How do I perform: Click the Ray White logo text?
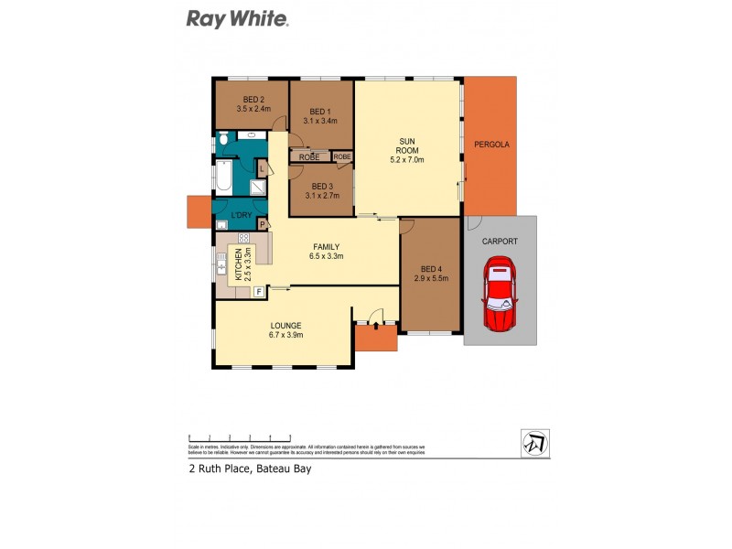point(238,18)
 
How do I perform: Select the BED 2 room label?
point(253,100)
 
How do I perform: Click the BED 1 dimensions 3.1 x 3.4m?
point(320,120)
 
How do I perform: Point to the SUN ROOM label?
point(407,146)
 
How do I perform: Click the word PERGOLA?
point(491,145)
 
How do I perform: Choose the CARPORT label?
point(500,242)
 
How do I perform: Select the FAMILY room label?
point(327,247)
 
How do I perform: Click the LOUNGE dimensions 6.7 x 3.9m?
point(285,335)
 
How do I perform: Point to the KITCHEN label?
point(238,265)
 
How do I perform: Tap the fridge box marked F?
point(259,292)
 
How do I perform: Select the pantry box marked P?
point(263,223)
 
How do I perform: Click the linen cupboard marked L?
point(262,170)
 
